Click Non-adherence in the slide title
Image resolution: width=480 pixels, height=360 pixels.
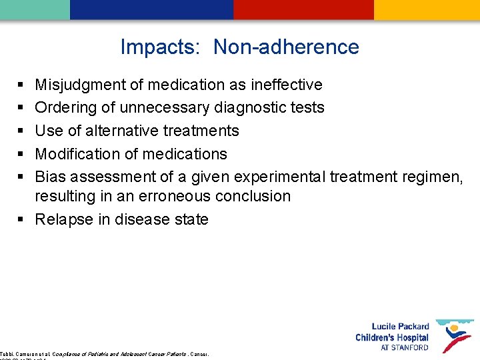[286, 47]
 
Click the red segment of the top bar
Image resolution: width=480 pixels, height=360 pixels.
[303, 9]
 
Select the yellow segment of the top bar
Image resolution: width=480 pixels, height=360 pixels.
[427, 9]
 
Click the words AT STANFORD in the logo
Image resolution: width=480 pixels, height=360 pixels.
[405, 348]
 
